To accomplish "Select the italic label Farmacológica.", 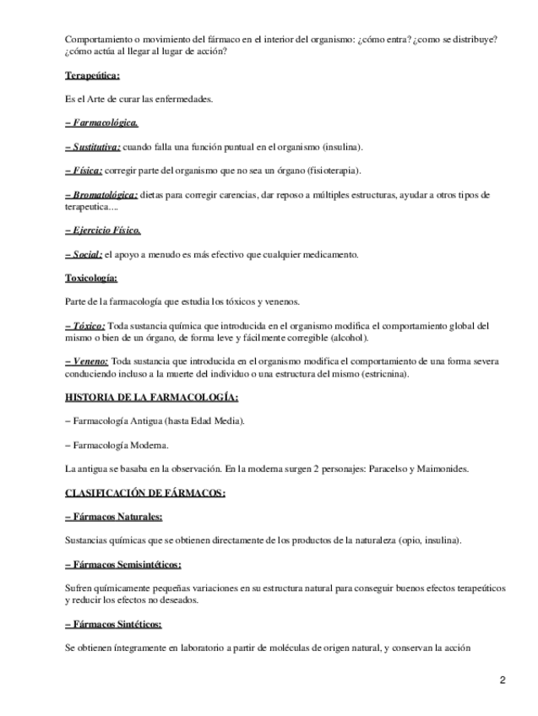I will (102, 122).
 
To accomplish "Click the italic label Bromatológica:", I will (102, 194).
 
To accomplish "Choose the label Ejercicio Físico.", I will (103, 230).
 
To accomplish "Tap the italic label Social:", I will (84, 254).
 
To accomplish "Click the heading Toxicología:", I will (91, 278).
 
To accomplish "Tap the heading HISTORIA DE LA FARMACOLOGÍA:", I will (151, 397).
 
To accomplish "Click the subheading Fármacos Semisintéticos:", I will (122, 564).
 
